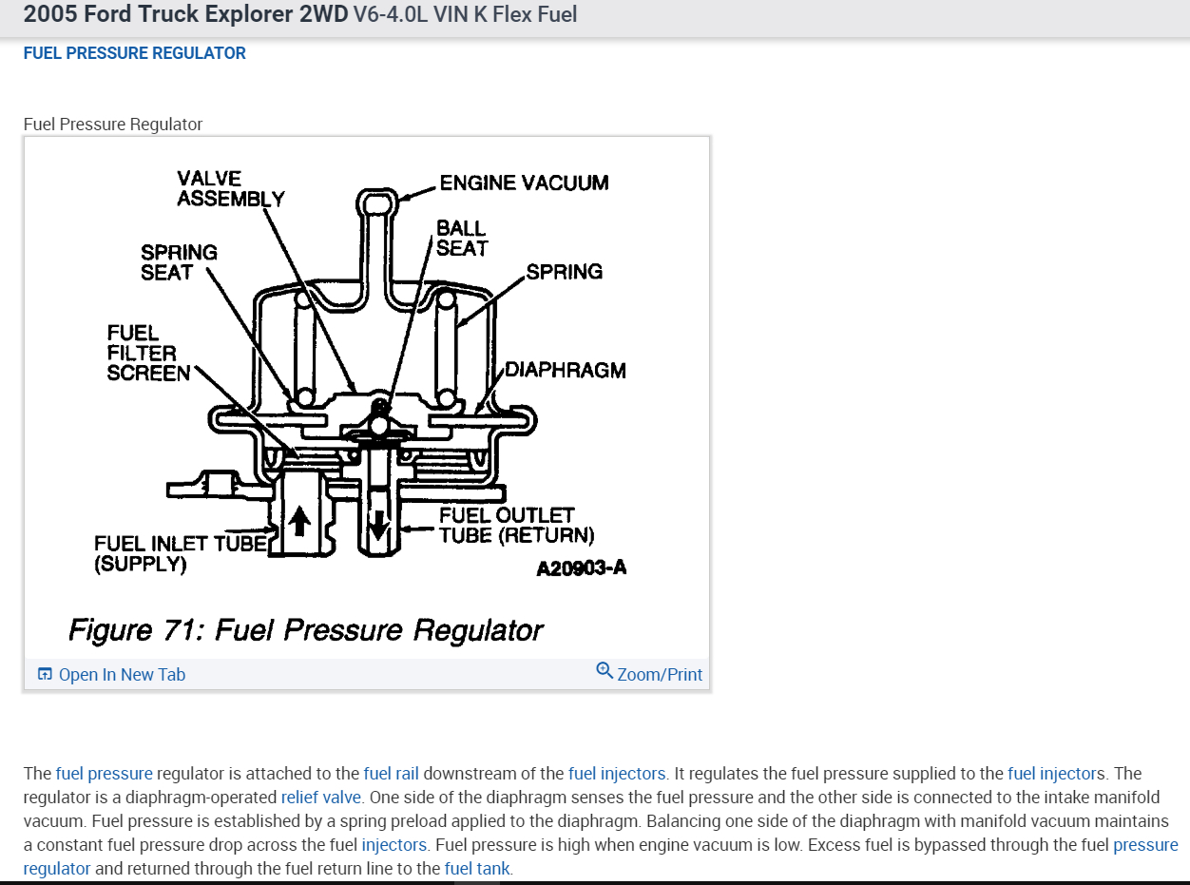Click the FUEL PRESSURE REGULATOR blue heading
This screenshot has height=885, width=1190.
point(134,53)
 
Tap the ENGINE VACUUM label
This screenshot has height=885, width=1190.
point(524,183)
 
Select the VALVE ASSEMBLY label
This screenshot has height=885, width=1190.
point(230,188)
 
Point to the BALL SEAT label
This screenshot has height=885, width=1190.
point(462,238)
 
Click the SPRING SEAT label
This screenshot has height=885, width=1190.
point(179,262)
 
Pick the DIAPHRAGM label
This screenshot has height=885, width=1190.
point(565,370)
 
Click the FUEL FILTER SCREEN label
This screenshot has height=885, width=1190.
point(148,353)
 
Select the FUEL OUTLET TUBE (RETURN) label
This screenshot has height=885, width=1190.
point(516,526)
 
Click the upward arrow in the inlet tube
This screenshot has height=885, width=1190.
point(300,521)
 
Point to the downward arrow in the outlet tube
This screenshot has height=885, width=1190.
point(378,522)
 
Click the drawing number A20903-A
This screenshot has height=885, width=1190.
point(581,568)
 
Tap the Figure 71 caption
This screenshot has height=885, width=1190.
point(305,630)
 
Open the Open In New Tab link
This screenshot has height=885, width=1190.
point(122,675)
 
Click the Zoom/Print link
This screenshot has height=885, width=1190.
point(660,675)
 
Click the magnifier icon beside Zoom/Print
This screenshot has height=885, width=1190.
point(605,671)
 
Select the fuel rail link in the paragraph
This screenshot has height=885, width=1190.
point(391,773)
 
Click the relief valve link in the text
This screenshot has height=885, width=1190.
point(321,797)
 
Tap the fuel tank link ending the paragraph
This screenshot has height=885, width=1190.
point(477,868)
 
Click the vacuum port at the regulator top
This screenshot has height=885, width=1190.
point(378,202)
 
